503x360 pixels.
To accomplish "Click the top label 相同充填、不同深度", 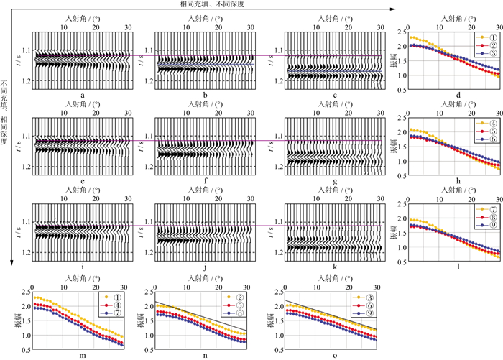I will coord(212,4).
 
